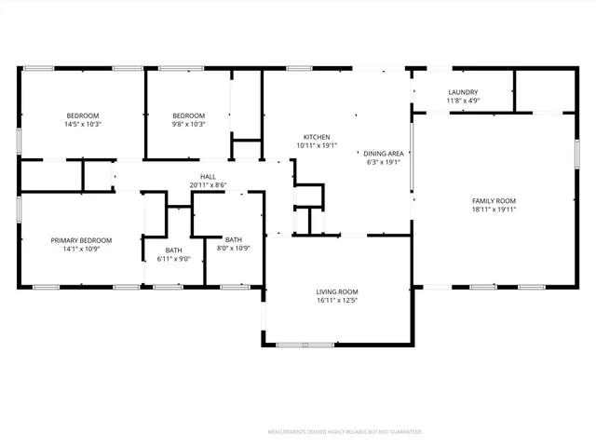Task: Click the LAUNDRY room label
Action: coord(463,92)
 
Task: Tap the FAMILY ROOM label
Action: coord(494,201)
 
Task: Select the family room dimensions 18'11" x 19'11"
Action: coord(494,210)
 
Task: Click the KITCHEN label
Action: coord(317,136)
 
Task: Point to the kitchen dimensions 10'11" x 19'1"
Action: coord(317,145)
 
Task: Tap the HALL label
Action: coord(209,176)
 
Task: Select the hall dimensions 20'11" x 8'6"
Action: coord(209,185)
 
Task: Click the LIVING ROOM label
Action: coord(336,291)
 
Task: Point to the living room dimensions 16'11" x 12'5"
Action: coord(336,301)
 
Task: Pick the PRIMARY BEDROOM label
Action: coord(81,239)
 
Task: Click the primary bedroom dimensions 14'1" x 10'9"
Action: coord(81,249)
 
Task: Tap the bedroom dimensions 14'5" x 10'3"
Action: coord(82,124)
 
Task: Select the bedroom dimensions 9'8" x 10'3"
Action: coord(187,124)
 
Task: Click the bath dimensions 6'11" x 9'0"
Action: coord(174,259)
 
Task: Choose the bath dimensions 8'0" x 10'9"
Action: coord(233,249)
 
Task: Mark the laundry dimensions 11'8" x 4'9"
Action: coord(463,102)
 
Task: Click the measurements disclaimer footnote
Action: coord(345,432)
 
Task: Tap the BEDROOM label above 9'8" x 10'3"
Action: coord(187,115)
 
